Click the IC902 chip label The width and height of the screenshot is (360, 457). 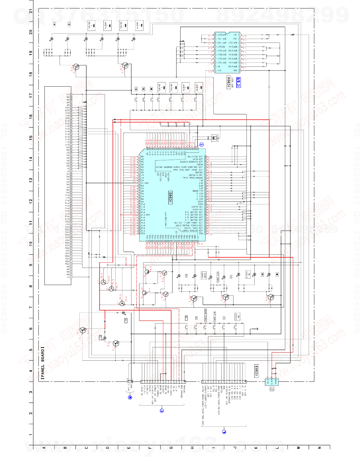tap(171, 198)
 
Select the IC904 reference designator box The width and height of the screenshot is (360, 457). tap(229, 83)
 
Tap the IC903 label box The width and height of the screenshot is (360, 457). tap(256, 371)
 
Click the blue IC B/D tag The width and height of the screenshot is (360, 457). tap(239, 82)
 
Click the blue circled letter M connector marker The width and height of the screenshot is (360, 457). tap(130, 397)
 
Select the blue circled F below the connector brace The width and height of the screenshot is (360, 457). tap(162, 410)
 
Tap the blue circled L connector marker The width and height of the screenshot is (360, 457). tap(224, 431)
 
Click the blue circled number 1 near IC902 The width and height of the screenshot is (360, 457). tap(202, 145)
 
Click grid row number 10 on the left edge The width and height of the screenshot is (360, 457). tap(31, 243)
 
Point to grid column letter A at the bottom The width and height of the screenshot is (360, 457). tap(44, 448)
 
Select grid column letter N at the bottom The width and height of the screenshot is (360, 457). tap(319, 448)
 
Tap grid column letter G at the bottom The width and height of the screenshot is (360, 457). tap(171, 448)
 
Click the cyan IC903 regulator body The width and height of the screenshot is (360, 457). tap(272, 382)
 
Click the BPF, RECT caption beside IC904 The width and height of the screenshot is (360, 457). tap(233, 83)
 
